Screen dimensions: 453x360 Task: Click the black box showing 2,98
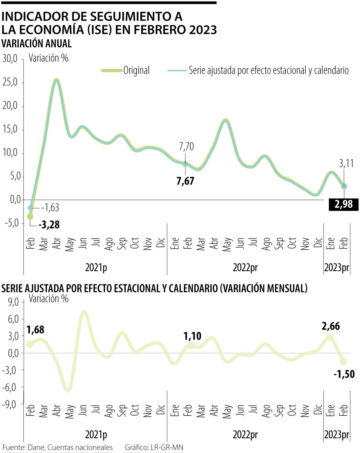[x=343, y=205]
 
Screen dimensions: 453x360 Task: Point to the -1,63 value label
[x=50, y=207]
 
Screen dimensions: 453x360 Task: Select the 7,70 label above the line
[x=186, y=147]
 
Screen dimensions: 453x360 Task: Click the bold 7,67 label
[x=185, y=181]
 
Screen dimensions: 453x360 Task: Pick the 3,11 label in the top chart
[x=346, y=163]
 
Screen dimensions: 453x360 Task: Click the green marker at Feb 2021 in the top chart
[x=30, y=216]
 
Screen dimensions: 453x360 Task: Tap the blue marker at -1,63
[x=30, y=208]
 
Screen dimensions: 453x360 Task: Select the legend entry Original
[x=136, y=70]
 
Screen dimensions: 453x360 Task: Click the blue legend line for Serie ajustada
[x=177, y=70]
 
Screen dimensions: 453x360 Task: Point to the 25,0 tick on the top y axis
[x=10, y=82]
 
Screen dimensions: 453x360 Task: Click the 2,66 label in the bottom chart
[x=331, y=326]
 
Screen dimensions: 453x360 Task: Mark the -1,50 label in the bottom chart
[x=344, y=374]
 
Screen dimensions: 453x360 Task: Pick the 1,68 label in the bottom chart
[x=35, y=330]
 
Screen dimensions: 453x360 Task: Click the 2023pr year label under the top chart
[x=337, y=268]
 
